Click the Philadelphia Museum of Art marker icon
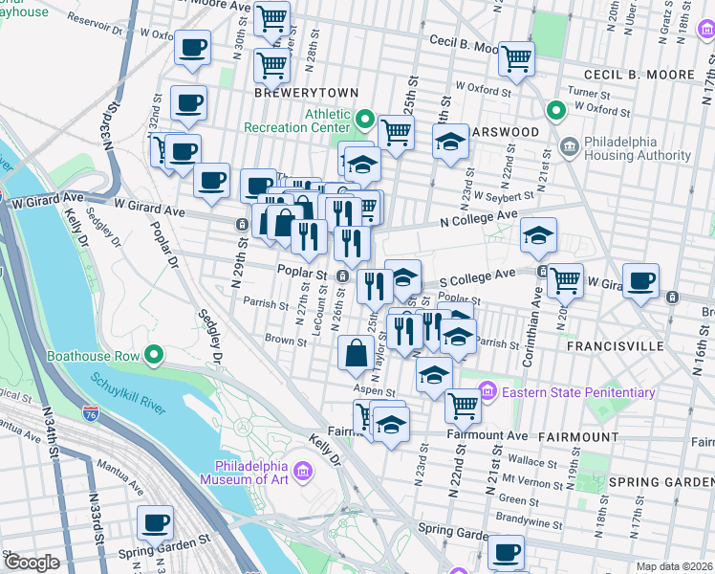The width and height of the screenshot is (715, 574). (x=303, y=471)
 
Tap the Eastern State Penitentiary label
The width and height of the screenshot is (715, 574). (x=578, y=392)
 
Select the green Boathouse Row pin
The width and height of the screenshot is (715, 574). (x=153, y=357)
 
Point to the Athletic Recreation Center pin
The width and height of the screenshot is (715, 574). (x=364, y=121)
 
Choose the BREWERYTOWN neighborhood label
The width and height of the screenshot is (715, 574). (x=306, y=93)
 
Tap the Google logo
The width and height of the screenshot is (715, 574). (x=32, y=563)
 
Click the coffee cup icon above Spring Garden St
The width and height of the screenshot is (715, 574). (x=155, y=522)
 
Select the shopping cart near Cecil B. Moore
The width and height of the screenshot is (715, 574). (x=516, y=57)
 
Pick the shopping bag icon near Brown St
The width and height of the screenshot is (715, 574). (x=356, y=353)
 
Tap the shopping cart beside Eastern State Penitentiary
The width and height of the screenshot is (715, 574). (x=463, y=405)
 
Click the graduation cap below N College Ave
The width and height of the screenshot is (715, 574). (x=539, y=235)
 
